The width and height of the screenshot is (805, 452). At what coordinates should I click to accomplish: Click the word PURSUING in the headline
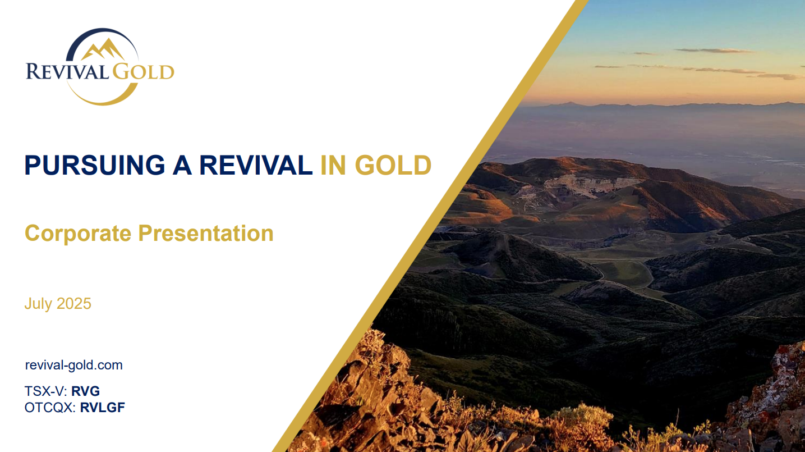[94, 166]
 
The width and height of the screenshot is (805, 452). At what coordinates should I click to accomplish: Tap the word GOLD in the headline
[393, 166]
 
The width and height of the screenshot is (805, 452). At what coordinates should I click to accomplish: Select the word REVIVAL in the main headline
[256, 166]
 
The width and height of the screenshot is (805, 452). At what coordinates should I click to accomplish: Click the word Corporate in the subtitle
[78, 234]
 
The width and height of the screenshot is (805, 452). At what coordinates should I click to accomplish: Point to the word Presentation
[206, 234]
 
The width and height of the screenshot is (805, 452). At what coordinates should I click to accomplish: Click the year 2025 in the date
[74, 304]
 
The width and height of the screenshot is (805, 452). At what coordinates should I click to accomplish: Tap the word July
[39, 304]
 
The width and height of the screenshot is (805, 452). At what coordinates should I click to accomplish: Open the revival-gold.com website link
[73, 365]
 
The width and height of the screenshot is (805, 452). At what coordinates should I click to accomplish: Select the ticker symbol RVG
[85, 391]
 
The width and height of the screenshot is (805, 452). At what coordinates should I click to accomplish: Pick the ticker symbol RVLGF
[103, 408]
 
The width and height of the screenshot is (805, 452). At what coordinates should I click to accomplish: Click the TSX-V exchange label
[46, 391]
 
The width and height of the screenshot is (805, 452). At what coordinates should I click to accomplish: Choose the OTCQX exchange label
[50, 408]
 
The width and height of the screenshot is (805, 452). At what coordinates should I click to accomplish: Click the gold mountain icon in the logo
[102, 49]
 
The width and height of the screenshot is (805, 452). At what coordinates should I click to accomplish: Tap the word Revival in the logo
[67, 71]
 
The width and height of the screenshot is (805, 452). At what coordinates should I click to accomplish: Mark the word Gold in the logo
[144, 71]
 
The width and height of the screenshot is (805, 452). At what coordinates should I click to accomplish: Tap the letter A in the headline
[182, 166]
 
